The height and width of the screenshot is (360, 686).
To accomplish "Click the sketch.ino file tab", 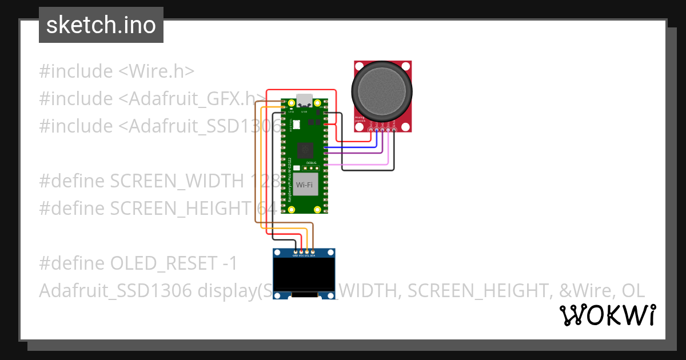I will [101, 25].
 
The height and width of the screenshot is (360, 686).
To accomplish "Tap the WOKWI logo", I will [607, 315].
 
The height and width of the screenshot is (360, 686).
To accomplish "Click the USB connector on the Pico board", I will [304, 101].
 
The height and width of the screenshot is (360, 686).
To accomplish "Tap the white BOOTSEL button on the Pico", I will [296, 124].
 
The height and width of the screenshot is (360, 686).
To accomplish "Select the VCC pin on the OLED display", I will [301, 251].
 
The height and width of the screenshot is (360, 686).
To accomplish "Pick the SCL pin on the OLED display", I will [307, 251].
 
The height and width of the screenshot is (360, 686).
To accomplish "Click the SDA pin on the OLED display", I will [313, 251].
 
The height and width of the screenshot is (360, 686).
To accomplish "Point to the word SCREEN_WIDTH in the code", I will [177, 181].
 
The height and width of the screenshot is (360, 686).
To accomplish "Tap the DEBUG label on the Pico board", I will [312, 163].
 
